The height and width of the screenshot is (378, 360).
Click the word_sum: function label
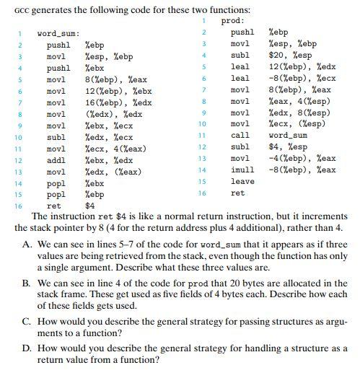pyautogui.click(x=58, y=34)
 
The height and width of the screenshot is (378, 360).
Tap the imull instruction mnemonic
pyautogui.click(x=242, y=170)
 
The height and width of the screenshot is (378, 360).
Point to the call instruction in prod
pyautogui.click(x=240, y=135)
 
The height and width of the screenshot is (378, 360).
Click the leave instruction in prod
pyautogui.click(x=242, y=181)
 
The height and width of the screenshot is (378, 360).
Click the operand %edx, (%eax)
pyautogui.click(x=110, y=172)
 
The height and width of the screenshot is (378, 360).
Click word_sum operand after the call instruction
pyautogui.click(x=289, y=135)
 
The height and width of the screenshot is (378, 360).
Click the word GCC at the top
pyautogui.click(x=23, y=9)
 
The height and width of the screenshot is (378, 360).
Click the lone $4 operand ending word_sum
pyautogui.click(x=90, y=206)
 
